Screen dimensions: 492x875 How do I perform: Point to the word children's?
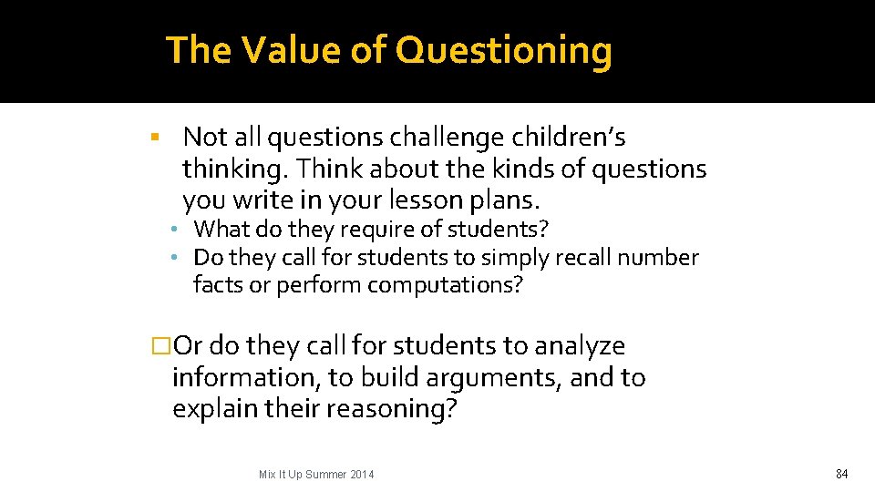571,138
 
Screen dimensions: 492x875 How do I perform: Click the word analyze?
580,346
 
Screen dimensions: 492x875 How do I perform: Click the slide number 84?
841,474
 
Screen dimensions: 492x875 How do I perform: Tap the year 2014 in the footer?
361,475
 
